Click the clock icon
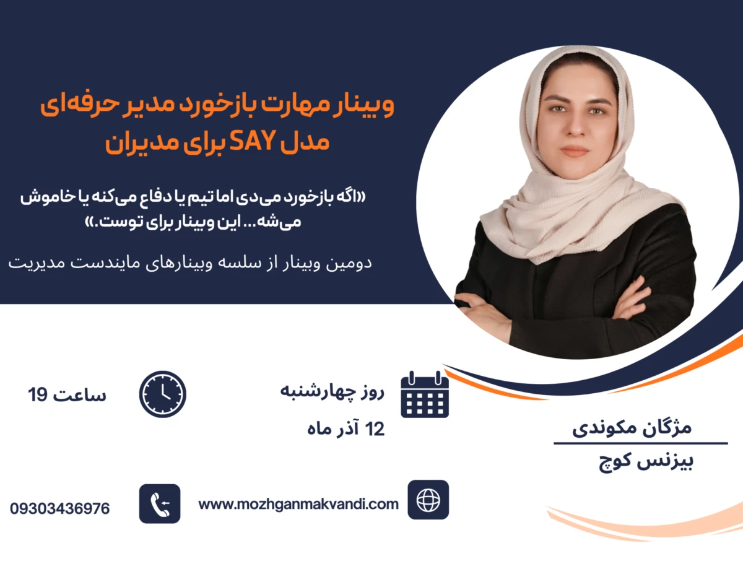coord(163,394)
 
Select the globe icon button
coord(428,500)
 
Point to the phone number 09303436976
coord(60,509)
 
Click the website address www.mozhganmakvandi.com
coord(298,504)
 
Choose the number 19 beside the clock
coord(38,394)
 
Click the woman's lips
coord(575,150)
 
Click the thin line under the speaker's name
coord(640,443)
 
